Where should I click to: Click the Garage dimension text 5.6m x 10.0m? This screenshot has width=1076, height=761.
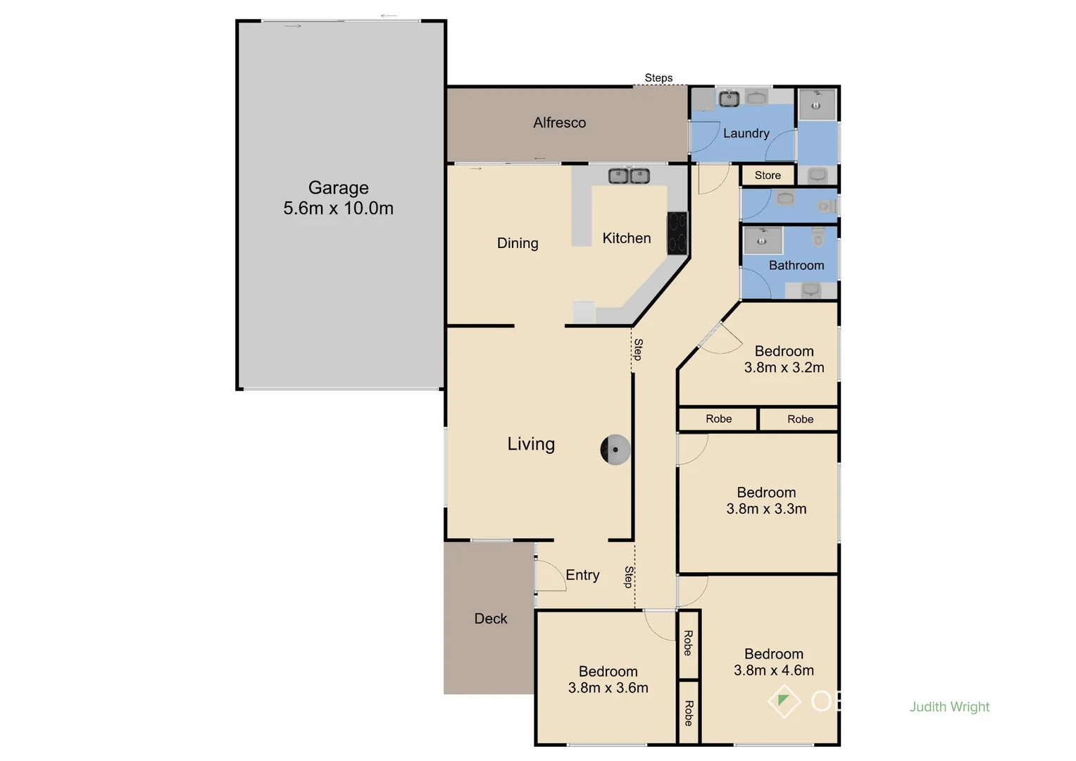point(338,209)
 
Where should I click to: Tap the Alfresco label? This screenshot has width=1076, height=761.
point(559,123)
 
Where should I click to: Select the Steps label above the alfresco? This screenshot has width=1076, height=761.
point(658,78)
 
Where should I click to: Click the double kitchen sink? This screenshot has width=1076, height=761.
point(629,175)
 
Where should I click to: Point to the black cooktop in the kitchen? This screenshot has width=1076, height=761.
point(677,233)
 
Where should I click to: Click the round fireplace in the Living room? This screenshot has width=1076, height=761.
point(615,450)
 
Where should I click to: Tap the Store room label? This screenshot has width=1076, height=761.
point(768,175)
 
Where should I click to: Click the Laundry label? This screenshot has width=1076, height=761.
point(746,133)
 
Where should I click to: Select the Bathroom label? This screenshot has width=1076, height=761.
point(796,266)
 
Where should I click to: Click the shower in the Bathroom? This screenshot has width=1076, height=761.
point(763,240)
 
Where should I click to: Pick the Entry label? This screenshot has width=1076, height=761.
point(582,575)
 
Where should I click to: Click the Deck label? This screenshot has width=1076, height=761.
point(490,619)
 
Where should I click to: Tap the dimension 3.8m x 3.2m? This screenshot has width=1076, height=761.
point(784,368)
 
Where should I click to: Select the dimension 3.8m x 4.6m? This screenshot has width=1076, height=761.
point(773,671)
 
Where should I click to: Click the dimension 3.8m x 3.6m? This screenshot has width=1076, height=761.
point(608,688)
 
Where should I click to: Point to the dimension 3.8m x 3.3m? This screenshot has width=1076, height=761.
point(766,509)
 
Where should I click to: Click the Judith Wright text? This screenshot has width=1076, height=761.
point(949,707)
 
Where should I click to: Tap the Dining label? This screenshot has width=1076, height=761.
point(518,243)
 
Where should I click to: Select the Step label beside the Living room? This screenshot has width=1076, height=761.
point(638,349)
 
